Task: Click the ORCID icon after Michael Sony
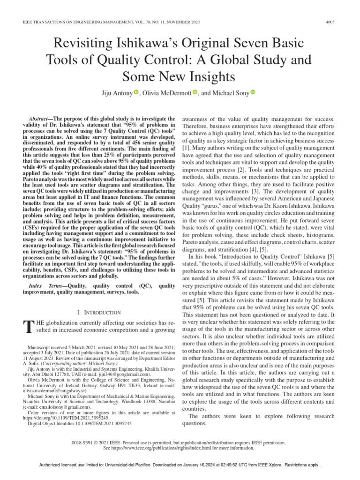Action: point(252,93)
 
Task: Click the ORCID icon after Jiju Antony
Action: point(136,93)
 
